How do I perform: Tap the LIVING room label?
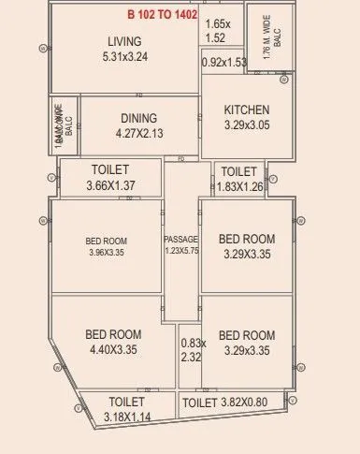coord(124,41)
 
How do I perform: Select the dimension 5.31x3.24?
coord(124,56)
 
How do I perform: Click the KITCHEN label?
coord(247,110)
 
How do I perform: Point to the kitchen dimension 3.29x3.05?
coord(247,125)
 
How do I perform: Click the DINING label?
coord(138,118)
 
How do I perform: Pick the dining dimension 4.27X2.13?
coord(138,133)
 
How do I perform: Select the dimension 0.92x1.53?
coord(223,63)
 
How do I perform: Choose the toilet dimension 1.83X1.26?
coord(240,185)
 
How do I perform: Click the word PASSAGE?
coord(181,239)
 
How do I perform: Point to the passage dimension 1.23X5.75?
coord(181,251)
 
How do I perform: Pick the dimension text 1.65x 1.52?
coord(216,31)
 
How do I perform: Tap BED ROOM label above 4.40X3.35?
coord(113,334)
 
